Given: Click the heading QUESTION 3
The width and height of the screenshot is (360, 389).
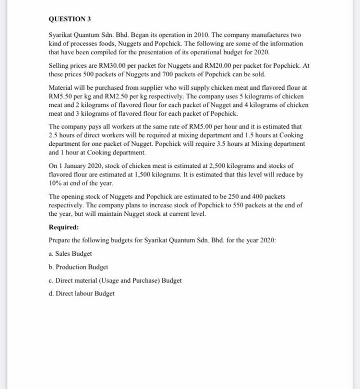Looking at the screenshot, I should (x=70, y=19).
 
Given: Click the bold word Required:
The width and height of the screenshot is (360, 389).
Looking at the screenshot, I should (x=64, y=227).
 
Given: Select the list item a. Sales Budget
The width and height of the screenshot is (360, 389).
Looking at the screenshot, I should (x=70, y=253).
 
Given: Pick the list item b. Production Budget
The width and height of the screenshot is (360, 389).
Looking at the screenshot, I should (x=78, y=267).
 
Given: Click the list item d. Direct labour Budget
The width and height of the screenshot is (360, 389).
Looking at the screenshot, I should (x=82, y=293).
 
